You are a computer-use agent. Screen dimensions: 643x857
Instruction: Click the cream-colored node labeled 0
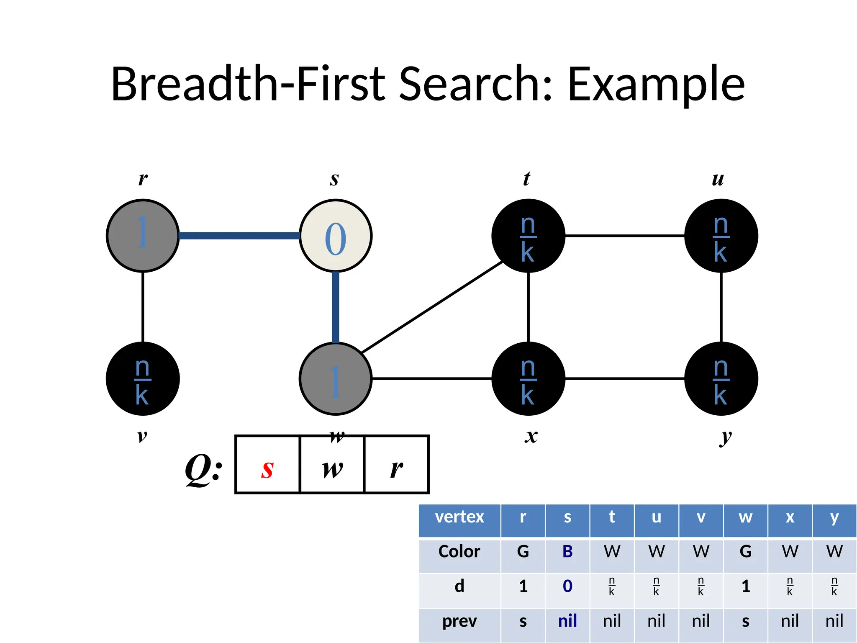336,236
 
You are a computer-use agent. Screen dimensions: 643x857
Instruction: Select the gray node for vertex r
143,236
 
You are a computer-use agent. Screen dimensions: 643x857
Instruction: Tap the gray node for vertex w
336,379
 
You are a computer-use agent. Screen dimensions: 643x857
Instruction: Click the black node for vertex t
528,236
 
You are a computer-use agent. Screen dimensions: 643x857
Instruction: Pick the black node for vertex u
721,236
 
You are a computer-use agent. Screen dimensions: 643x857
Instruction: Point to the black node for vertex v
143,379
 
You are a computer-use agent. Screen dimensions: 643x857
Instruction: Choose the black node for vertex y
721,379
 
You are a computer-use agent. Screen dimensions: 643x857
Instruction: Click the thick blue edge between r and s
239,236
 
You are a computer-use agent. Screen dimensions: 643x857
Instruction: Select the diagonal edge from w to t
432,307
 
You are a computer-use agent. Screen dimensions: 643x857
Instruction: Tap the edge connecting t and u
624,236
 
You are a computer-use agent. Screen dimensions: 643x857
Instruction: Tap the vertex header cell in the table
459,517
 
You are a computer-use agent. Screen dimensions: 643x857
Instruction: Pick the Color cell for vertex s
567,552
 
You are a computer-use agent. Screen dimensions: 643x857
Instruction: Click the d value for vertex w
746,586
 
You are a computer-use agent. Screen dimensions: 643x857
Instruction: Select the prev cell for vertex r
523,621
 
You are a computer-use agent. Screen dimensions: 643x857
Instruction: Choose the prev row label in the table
459,621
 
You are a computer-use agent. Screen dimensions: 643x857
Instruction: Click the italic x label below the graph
531,436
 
